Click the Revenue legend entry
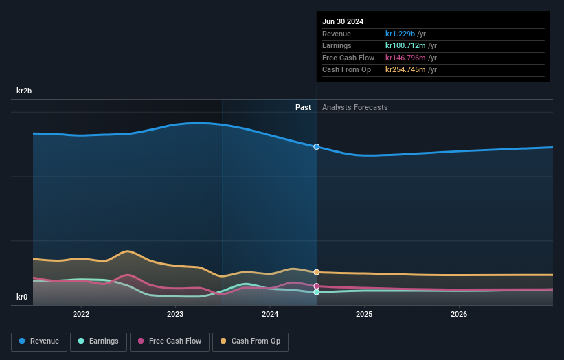[40, 341]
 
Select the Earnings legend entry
[99, 341]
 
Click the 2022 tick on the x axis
[81, 314]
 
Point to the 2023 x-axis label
[175, 314]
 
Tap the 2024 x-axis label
[270, 314]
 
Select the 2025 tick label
[364, 314]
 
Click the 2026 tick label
[459, 314]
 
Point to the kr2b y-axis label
[25, 91]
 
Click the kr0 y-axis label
[22, 297]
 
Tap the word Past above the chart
[303, 107]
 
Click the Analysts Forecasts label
[354, 107]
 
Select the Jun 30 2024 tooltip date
[343, 21]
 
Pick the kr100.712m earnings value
[406, 46]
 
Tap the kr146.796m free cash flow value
[406, 58]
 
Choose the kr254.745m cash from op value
[406, 69]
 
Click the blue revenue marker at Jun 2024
[317, 147]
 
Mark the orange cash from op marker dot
[317, 272]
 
